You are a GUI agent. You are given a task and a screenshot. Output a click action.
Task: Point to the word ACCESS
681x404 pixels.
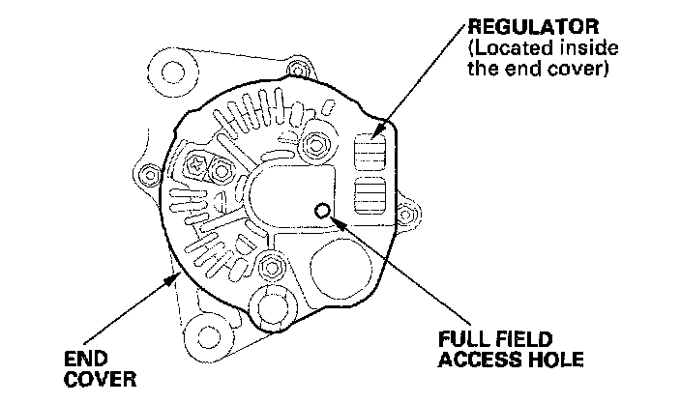[x=475, y=360]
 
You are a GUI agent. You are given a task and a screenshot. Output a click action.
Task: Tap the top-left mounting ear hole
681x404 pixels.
[x=172, y=72]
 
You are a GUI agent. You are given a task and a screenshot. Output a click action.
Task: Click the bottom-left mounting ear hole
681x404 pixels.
[x=206, y=337]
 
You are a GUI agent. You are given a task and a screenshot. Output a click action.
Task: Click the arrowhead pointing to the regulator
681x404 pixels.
[x=380, y=129]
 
